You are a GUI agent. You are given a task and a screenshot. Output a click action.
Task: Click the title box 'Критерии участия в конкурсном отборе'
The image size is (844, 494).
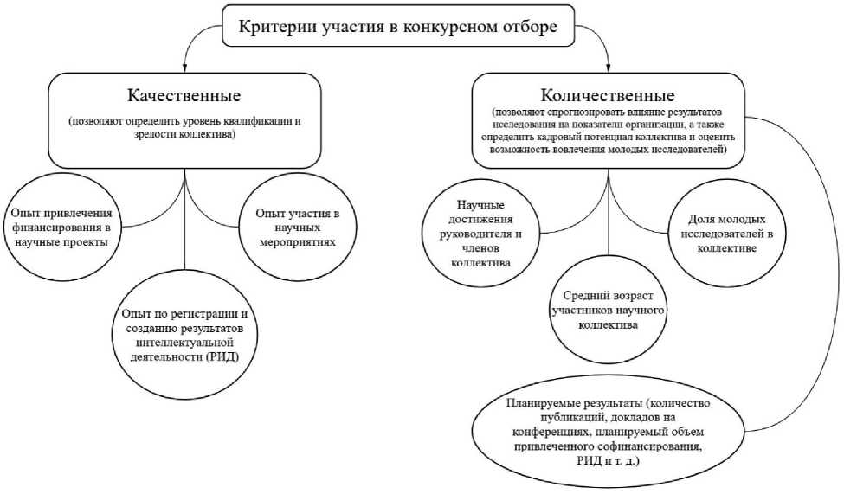397,28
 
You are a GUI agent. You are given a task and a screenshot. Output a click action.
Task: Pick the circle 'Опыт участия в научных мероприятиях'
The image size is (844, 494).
295,228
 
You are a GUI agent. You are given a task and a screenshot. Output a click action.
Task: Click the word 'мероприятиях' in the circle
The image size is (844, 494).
295,241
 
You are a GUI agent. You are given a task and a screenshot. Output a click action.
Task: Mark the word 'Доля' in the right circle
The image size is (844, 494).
692,220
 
